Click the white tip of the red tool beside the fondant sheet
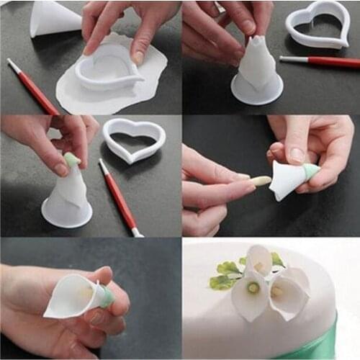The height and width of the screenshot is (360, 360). [x=12, y=64]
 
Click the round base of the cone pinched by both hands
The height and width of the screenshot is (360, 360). [x=256, y=89]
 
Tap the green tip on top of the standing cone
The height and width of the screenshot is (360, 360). [x=71, y=159]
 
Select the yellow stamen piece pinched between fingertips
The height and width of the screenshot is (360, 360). [x=261, y=181]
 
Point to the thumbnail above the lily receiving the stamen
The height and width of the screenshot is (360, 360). [x=297, y=153]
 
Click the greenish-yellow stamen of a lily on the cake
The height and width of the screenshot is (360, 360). [x=253, y=287]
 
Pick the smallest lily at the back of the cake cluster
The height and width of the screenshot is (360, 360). [x=261, y=258]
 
